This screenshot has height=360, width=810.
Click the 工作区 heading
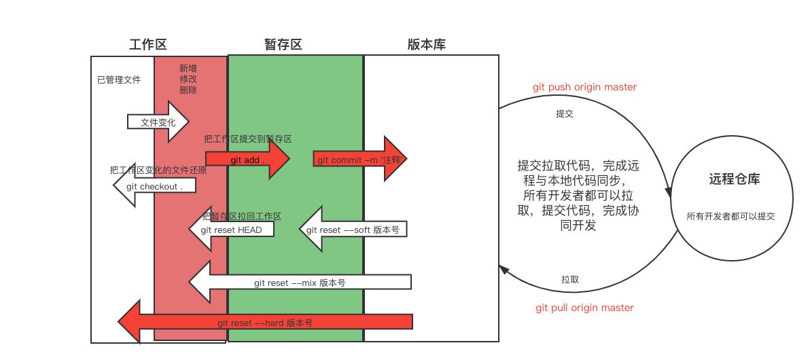pyautogui.click(x=147, y=45)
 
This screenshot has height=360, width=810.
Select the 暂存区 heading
pyautogui.click(x=283, y=45)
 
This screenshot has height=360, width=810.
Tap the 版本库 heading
pyautogui.click(x=427, y=45)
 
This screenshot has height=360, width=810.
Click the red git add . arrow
pyautogui.click(x=248, y=160)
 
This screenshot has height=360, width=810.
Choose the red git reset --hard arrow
pyautogui.click(x=265, y=323)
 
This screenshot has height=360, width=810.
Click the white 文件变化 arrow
pyautogui.click(x=158, y=122)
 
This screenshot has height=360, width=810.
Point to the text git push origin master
pyautogui.click(x=584, y=88)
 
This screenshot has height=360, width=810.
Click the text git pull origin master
pyautogui.click(x=584, y=308)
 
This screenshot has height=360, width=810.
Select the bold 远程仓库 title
pyautogui.click(x=735, y=180)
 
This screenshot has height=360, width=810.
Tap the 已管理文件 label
pyautogui.click(x=119, y=80)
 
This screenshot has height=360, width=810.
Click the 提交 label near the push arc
pyautogui.click(x=565, y=114)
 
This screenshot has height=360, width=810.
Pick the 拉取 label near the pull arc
pyautogui.click(x=570, y=279)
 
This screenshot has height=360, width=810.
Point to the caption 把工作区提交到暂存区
pyautogui.click(x=248, y=139)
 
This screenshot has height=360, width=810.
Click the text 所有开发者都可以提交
pyautogui.click(x=731, y=217)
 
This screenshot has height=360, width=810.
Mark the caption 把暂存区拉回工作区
pyautogui.click(x=242, y=216)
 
